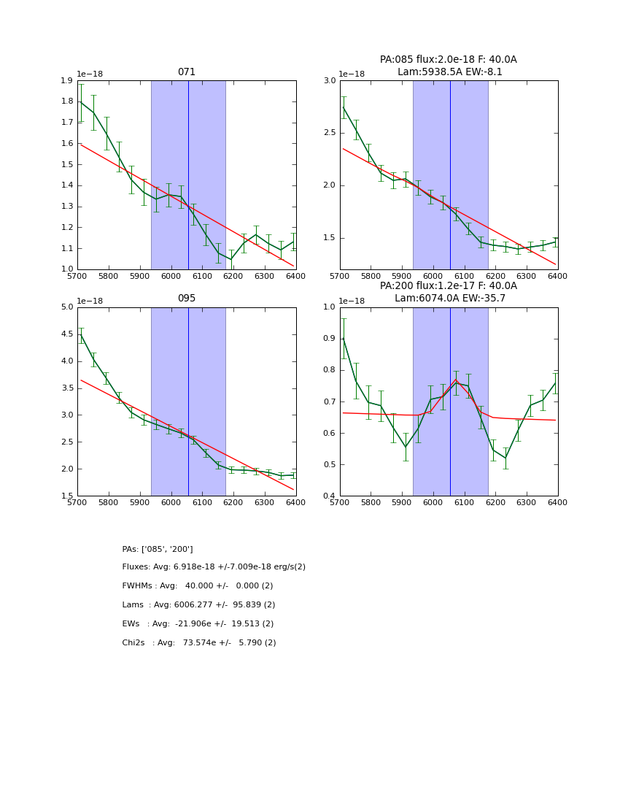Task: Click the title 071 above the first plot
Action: pos(187,72)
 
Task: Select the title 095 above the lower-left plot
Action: pos(187,299)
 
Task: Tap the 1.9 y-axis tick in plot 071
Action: pos(66,81)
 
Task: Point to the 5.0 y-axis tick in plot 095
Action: pos(66,307)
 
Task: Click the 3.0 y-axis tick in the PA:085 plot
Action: pos(329,81)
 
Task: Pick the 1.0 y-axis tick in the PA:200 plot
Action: pos(329,307)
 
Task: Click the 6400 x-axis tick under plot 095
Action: pos(295,503)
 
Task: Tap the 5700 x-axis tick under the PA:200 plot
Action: pos(340,503)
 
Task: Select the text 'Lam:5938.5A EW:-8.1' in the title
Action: pos(449,72)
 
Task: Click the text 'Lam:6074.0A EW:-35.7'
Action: pos(449,299)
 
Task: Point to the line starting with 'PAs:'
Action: pos(158,549)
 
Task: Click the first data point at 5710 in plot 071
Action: pos(80,102)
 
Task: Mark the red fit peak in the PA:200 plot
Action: pos(456,380)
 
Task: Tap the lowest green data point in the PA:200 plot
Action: pos(505,458)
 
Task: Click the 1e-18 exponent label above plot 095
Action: pos(90,301)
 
